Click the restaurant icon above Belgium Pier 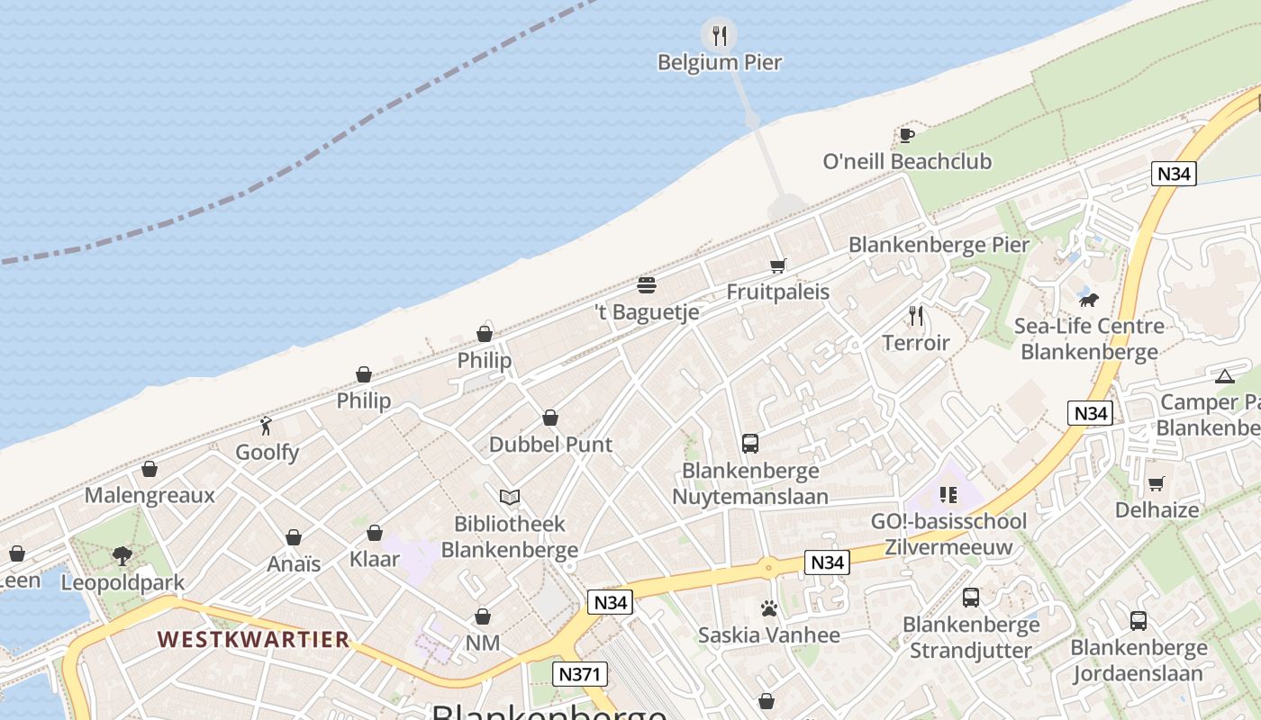[x=719, y=35]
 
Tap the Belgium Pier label [x=719, y=62]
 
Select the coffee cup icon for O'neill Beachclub [x=906, y=135]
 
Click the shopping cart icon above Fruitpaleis [x=778, y=265]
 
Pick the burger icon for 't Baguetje [x=647, y=285]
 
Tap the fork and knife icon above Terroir [x=916, y=316]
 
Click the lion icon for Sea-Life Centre [x=1088, y=299]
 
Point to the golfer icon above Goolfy [x=266, y=425]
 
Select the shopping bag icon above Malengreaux [x=150, y=469]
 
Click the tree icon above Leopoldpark [x=122, y=555]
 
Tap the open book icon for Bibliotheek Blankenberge [x=510, y=497]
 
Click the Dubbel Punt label [x=550, y=445]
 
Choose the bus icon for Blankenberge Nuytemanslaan [x=750, y=443]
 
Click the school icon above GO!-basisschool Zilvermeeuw [x=948, y=494]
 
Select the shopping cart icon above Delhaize [x=1157, y=483]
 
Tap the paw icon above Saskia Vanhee [x=768, y=608]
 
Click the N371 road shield [x=581, y=674]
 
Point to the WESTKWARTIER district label [x=253, y=640]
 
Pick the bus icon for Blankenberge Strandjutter [x=971, y=597]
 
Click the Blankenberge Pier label [x=939, y=244]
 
